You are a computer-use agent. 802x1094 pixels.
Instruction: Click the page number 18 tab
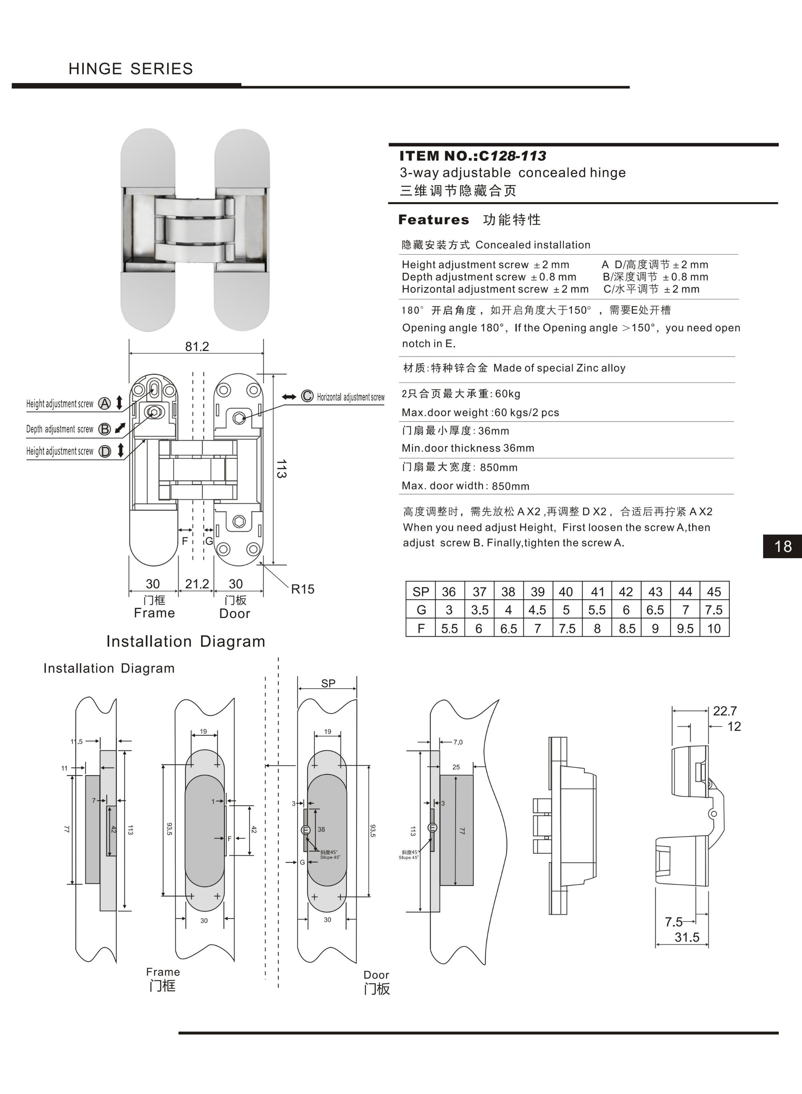[783, 546]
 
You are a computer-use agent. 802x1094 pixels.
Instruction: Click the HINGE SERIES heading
[131, 69]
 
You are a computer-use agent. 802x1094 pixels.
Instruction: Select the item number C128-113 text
[512, 156]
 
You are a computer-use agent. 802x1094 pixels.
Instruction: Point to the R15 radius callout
[302, 589]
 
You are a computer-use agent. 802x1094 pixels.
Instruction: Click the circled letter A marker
[104, 403]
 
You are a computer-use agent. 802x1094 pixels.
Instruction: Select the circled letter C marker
[307, 396]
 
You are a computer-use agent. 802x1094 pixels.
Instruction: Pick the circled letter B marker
[104, 429]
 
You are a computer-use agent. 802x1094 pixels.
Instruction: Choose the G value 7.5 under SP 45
[714, 610]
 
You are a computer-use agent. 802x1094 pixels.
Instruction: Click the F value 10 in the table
[714, 628]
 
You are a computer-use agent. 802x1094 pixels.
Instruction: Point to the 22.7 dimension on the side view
[725, 711]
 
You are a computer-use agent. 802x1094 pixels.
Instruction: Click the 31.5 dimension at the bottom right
[687, 937]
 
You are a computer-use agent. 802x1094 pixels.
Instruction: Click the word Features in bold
[433, 220]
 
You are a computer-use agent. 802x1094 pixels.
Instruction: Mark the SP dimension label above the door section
[328, 683]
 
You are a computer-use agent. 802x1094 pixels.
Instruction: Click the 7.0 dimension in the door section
[458, 742]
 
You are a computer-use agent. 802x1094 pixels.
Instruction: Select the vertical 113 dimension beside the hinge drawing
[281, 469]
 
